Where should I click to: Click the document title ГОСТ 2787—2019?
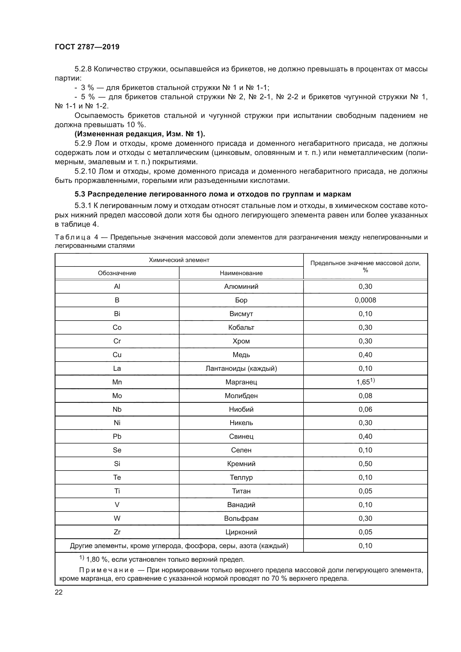pyautogui.click(x=87, y=47)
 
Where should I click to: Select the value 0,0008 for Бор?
pyautogui.click(x=365, y=300)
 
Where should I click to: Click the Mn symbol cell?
pyautogui.click(x=117, y=382)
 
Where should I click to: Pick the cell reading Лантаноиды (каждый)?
pyautogui.click(x=241, y=368)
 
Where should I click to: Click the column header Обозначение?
pyautogui.click(x=117, y=273)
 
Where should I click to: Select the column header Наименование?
pyautogui.click(x=241, y=273)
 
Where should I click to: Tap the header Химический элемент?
pyautogui.click(x=179, y=260)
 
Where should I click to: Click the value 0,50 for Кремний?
pyautogui.click(x=365, y=464)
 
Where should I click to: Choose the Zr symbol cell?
pyautogui.click(x=117, y=532)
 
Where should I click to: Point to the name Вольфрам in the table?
pyautogui.click(x=241, y=518)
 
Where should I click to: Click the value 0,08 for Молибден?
pyautogui.click(x=365, y=396)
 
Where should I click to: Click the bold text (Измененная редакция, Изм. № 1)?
pyautogui.click(x=140, y=134)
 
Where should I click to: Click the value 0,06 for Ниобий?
pyautogui.click(x=365, y=409)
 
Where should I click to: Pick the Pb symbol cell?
pyautogui.click(x=117, y=437)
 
